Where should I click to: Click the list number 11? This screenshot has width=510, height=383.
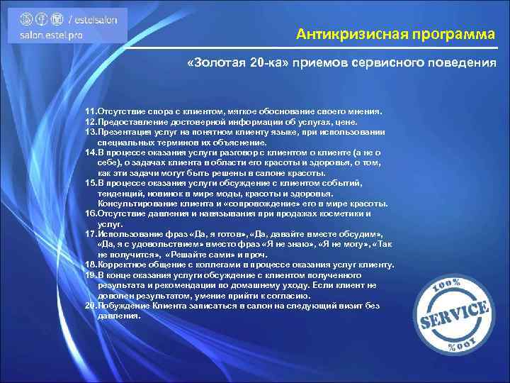click(91, 111)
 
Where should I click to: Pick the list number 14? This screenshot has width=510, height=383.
click(91, 151)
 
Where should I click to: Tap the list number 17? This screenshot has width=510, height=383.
click(91, 233)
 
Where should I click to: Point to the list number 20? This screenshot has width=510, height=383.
click(91, 306)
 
